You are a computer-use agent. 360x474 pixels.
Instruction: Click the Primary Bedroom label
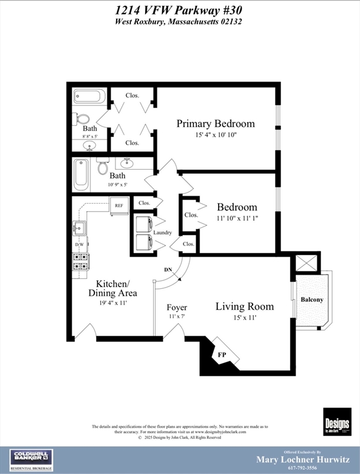point(215,123)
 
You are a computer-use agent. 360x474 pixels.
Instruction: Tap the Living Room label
point(245,306)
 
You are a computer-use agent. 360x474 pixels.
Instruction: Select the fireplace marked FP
point(222,355)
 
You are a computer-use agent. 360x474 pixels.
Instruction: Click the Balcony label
point(311,299)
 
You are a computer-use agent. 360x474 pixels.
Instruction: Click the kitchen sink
point(79,228)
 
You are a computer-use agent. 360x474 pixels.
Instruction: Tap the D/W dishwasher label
point(79,245)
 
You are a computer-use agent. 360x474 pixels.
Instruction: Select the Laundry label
point(162,233)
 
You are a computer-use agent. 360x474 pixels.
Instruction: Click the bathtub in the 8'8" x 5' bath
point(90,96)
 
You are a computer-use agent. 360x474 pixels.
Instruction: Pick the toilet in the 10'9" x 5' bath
point(103,167)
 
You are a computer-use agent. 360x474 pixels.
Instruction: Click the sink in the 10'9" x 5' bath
point(127,164)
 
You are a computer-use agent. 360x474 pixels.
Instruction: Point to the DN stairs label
point(167,270)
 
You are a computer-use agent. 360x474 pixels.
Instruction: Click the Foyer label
point(177,307)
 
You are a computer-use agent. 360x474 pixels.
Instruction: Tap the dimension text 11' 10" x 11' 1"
point(237,218)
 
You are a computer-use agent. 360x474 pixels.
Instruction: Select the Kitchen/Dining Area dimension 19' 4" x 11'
point(112,304)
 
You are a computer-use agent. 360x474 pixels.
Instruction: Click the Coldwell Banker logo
point(31,460)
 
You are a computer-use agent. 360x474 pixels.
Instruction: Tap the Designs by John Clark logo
point(337,422)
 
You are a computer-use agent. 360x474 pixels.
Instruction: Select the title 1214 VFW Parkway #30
point(179,10)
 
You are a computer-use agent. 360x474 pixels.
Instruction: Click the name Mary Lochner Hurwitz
point(303,459)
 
